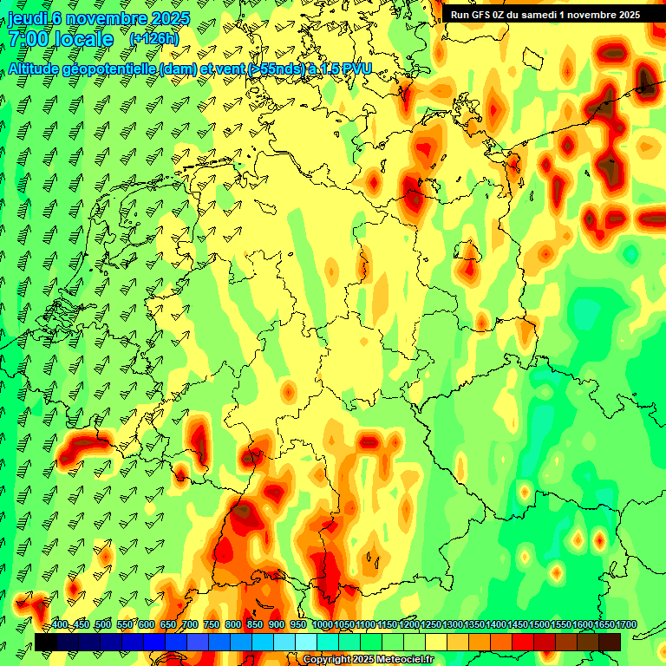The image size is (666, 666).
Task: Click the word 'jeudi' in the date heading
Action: click(27, 19)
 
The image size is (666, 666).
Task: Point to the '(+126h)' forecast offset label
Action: click(153, 39)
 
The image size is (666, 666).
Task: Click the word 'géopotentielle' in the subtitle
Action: click(109, 69)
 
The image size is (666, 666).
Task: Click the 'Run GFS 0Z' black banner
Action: click(544, 15)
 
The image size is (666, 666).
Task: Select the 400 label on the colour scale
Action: click(60, 624)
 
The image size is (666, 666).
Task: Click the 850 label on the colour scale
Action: click(255, 624)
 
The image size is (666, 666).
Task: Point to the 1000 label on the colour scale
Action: click(322, 624)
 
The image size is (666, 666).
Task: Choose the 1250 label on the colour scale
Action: click(430, 624)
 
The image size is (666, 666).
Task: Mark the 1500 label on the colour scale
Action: click(539, 624)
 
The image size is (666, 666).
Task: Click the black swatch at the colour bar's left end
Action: click(45, 642)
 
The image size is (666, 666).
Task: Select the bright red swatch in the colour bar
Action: click(523, 642)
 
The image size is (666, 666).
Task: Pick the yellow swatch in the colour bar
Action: click(436, 642)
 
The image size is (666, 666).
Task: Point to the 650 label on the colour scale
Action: click(168, 624)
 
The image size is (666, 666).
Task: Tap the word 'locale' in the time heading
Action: click(84, 40)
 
